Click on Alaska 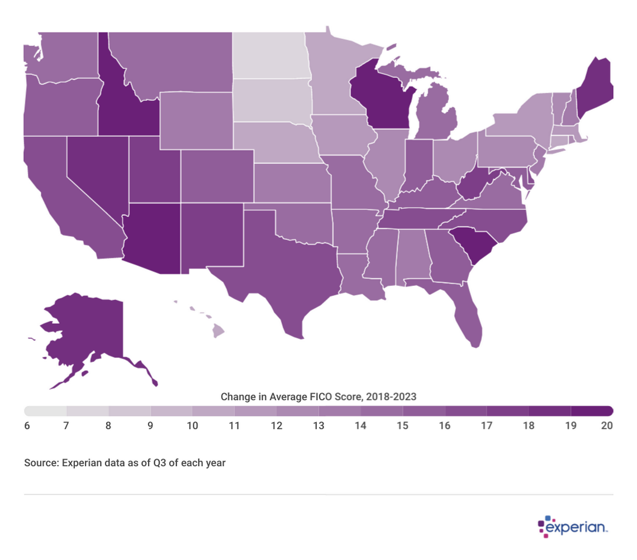pyautogui.click(x=84, y=329)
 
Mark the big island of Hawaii pyautogui.click(x=218, y=332)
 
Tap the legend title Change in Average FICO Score pyautogui.click(x=318, y=397)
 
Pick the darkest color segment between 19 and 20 pyautogui.click(x=592, y=411)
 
